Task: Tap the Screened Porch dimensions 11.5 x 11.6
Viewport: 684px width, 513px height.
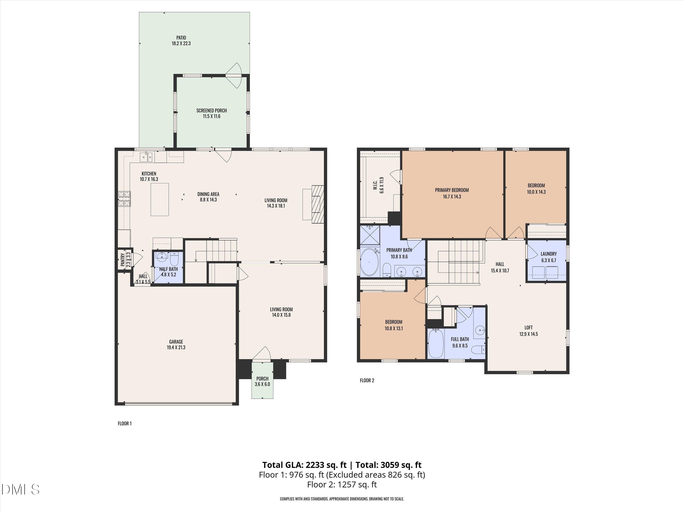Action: pos(212,116)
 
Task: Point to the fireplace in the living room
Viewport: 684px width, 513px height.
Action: pos(317,204)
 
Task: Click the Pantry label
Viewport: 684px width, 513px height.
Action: pos(123,260)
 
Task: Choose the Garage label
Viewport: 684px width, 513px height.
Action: pos(176,342)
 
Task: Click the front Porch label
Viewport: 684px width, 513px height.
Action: pos(262,378)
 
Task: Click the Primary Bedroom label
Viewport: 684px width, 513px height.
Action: pos(452,190)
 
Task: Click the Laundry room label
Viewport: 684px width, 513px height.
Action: pos(549,254)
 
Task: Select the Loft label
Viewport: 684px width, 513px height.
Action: pos(529,327)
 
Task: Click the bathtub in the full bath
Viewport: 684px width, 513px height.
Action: pos(436,343)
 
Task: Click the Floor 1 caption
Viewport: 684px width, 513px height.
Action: pos(125,423)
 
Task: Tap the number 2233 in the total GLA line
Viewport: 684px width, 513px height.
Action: pos(316,465)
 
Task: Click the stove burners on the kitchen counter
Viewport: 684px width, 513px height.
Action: pos(124,199)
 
